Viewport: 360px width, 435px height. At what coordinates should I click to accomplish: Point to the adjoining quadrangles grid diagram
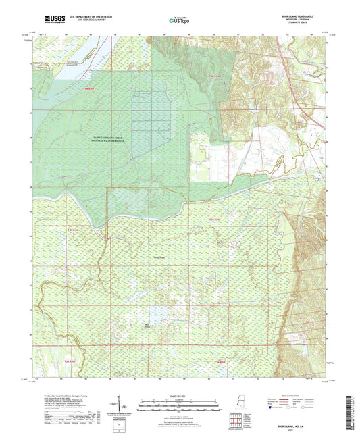click(x=237, y=419)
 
